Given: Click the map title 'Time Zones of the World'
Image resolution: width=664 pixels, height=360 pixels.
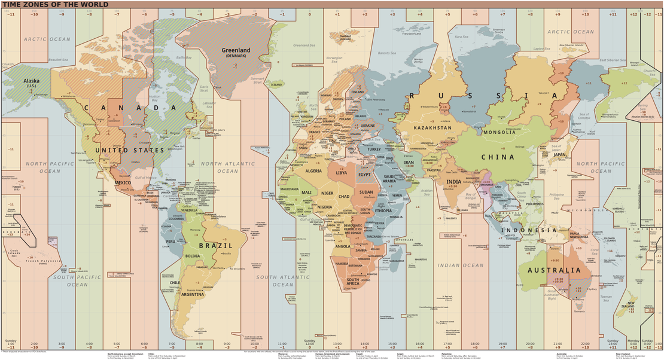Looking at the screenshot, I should coord(55,5).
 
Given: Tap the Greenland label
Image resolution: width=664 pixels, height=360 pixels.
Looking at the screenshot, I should coord(236,51).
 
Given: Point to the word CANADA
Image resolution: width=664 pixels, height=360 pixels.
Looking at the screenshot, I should coord(130,108).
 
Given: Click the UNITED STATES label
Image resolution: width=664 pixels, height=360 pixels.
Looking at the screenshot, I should coord(129,151).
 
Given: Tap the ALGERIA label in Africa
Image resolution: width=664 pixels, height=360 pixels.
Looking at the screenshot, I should coord(314,171).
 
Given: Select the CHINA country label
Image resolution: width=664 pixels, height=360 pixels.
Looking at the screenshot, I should coord(498,158).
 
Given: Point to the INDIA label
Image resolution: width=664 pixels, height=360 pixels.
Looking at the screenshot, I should coord(453,182).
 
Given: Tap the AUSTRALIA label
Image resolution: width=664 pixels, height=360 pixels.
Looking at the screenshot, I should coord(554,270).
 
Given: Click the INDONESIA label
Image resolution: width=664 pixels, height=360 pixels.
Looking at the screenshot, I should coord(529,230).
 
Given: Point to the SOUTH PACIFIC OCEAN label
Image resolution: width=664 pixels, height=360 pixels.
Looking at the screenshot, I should coord(77,281).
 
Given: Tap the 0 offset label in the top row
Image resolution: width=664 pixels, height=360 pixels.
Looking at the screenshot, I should coord(310,14).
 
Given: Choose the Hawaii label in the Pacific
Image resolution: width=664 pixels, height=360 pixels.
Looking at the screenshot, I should coord(16,187).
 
